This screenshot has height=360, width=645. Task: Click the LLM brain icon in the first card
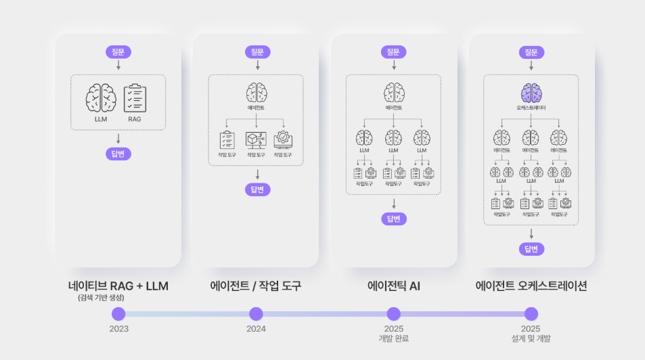[101, 99]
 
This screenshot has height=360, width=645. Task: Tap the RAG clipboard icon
[135, 99]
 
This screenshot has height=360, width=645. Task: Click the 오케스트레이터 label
[531, 108]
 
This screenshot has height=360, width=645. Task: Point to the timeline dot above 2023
[118, 314]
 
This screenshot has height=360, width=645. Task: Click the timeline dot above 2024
[256, 314]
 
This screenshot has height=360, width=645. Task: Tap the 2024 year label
[256, 329]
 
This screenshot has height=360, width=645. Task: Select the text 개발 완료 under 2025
[393, 338]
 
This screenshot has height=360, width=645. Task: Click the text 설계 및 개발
[531, 338]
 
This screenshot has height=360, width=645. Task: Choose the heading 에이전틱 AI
[393, 286]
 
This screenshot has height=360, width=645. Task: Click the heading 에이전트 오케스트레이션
[531, 286]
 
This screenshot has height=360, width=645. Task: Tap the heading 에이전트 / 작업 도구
[256, 286]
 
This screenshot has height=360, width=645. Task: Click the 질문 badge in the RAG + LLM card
[118, 51]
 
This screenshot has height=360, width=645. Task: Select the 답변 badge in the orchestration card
[531, 249]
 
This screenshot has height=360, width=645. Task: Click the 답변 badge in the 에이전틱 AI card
[393, 219]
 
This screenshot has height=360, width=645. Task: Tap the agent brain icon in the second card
[256, 93]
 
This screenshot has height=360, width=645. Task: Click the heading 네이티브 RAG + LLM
[118, 286]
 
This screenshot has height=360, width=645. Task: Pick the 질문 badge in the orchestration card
[531, 51]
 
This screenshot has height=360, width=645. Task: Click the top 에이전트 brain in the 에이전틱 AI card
[393, 93]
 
